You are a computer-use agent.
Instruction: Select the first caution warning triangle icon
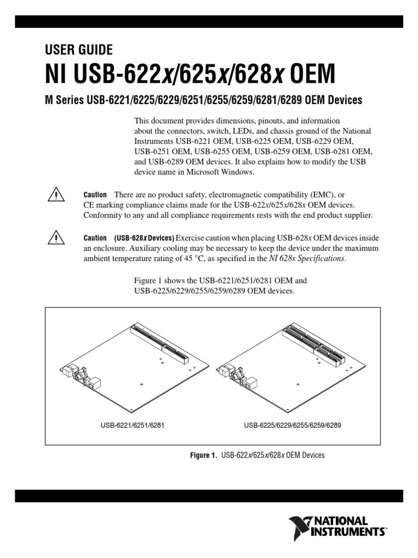pyautogui.click(x=56, y=195)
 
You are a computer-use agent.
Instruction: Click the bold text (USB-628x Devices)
pyautogui.click(x=144, y=239)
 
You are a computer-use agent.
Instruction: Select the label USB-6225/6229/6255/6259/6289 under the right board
pyautogui.click(x=292, y=425)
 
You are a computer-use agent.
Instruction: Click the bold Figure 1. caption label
pyautogui.click(x=202, y=455)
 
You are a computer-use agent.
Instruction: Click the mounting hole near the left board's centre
pyautogui.click(x=141, y=384)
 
